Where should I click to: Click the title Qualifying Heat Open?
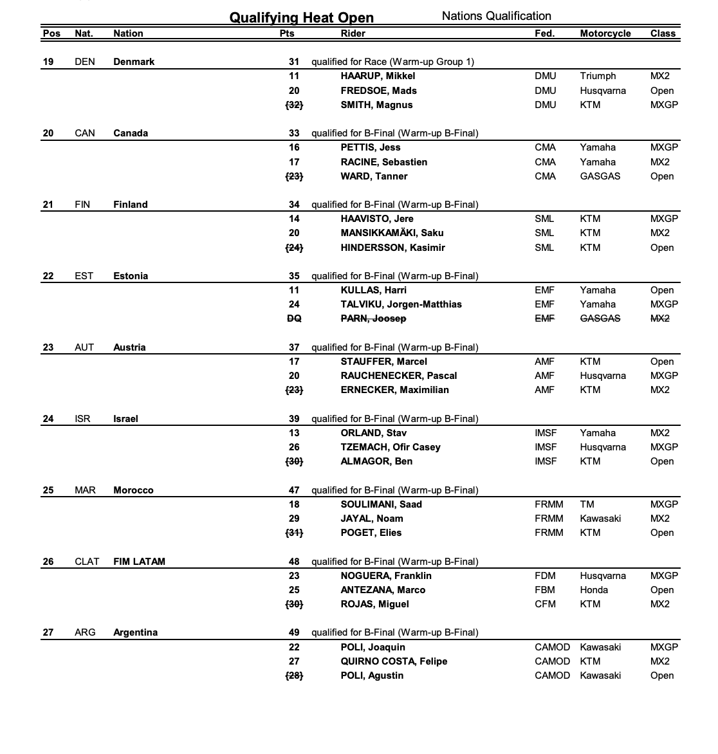pos(301,17)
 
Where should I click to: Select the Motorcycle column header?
pos(605,33)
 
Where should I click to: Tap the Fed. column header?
pos(544,33)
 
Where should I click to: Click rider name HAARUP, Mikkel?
pos(378,76)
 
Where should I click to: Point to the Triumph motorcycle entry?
pos(597,76)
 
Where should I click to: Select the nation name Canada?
pos(131,133)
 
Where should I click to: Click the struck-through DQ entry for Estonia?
pos(294,318)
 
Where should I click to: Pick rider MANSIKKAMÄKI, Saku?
pos(392,233)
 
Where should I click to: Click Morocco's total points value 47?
pos(294,490)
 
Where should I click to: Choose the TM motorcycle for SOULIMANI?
pos(587,504)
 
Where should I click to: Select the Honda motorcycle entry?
pos(593,590)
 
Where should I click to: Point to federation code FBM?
pos(545,590)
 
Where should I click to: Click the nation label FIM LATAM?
pos(139,562)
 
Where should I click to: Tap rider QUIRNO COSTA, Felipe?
pos(394,661)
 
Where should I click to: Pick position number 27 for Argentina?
pos(48,632)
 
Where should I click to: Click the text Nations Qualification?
pos(496,16)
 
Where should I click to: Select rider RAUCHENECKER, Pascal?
pos(398,376)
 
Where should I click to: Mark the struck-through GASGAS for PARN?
pos(600,318)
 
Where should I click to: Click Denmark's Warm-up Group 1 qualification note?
pos(392,62)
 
